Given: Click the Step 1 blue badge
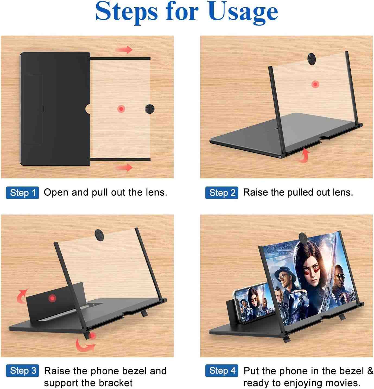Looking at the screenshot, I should [x=23, y=193].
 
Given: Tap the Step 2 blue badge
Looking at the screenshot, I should [x=222, y=193].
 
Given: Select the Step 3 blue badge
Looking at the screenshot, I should [x=23, y=371].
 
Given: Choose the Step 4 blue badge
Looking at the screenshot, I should [x=222, y=371].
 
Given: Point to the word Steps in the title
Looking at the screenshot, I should [x=126, y=12].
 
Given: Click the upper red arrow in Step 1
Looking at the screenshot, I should [x=124, y=50].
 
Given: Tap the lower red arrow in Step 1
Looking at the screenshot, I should [x=124, y=167].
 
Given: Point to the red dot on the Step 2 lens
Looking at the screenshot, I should [x=315, y=84].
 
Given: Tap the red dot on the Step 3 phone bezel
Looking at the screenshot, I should [x=52, y=298].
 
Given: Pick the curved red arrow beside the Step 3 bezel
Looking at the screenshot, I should [x=22, y=296].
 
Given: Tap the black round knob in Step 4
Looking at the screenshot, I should [x=305, y=238].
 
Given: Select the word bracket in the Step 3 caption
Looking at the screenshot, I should [x=115, y=383].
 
